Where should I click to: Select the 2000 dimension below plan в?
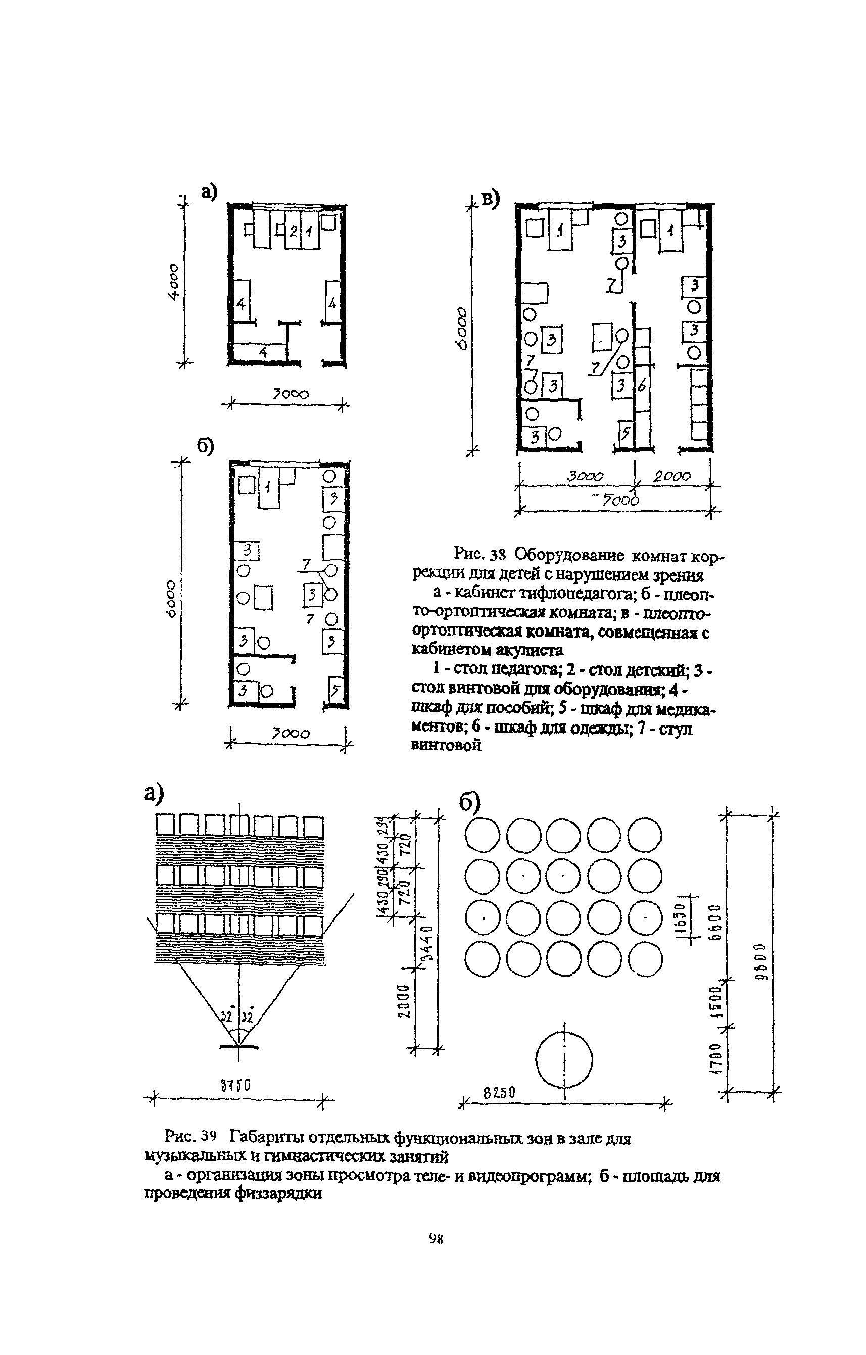[672, 476]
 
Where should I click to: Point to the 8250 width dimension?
[499, 1093]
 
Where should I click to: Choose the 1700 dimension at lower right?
[716, 1066]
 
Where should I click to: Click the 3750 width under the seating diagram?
[236, 1084]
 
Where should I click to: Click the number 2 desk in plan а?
[293, 231]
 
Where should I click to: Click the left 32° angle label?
[227, 1017]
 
